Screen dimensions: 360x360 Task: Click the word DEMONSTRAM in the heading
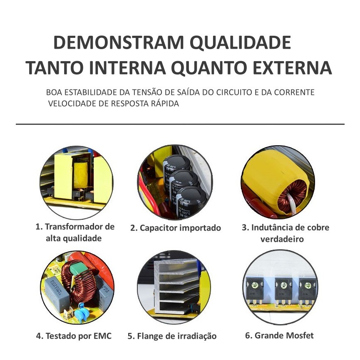pyautogui.click(x=119, y=42)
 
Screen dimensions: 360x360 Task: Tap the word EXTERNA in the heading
pyautogui.click(x=292, y=67)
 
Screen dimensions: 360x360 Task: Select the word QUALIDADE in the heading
pyautogui.click(x=241, y=43)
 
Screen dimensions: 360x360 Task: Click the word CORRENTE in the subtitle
pyautogui.click(x=294, y=92)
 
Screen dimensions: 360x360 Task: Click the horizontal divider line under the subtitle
pyautogui.click(x=180, y=124)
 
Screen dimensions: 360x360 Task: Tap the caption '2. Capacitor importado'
pyautogui.click(x=176, y=228)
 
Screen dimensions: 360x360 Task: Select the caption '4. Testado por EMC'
pyautogui.click(x=74, y=336)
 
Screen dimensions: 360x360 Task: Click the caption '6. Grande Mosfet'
pyautogui.click(x=279, y=335)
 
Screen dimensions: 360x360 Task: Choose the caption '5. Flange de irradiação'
pyautogui.click(x=172, y=336)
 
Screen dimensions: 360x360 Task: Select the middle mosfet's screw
pyautogui.click(x=284, y=286)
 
